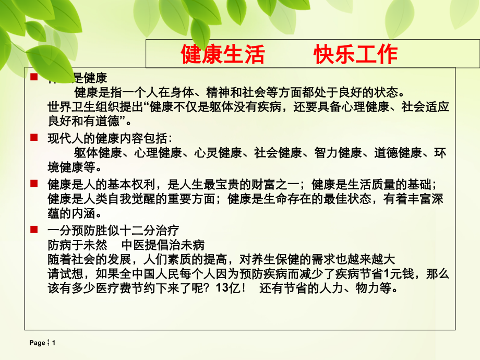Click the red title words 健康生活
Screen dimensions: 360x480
223,54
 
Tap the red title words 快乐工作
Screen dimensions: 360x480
356,54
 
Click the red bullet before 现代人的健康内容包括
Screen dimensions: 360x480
34,137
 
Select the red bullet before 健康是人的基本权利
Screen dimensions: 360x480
34,183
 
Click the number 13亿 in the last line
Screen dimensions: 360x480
226,289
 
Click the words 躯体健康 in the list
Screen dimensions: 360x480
98,153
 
